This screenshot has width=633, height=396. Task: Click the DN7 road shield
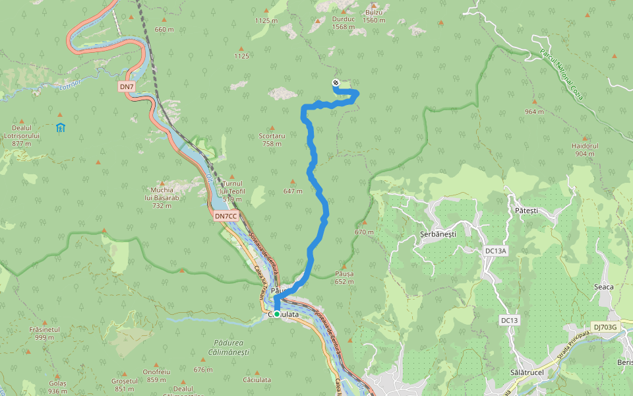127,86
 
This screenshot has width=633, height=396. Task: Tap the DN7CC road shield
225,216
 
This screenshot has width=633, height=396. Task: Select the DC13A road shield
495,251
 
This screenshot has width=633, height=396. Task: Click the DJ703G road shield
604,327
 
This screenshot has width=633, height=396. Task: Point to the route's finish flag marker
336,82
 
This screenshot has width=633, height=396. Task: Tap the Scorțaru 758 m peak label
272,139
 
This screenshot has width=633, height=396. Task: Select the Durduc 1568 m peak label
344,23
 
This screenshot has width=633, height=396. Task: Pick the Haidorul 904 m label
584,149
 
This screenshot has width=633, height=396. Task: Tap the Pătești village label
526,211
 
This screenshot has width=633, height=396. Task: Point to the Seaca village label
603,286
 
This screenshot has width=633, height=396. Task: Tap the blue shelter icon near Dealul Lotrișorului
61,127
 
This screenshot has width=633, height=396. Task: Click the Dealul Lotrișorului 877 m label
22,135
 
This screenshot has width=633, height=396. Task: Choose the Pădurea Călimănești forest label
229,347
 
